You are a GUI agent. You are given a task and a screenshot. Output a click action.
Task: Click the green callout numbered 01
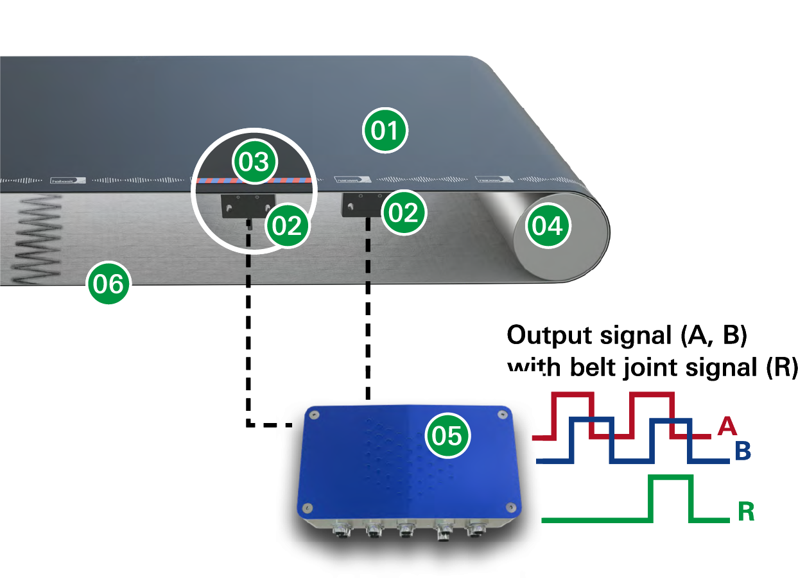click(x=385, y=131)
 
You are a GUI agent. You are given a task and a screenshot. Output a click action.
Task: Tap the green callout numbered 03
click(x=254, y=161)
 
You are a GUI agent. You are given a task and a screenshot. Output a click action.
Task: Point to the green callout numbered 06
click(x=108, y=282)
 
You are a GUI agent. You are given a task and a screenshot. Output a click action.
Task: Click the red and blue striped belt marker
click(x=257, y=181)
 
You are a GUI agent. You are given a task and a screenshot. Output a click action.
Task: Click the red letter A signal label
click(x=725, y=425)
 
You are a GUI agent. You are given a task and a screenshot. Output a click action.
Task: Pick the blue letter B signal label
click(x=743, y=451)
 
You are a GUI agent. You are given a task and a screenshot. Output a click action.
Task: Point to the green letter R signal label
click(x=745, y=512)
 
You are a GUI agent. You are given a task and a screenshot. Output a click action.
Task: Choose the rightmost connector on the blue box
click(x=476, y=530)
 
